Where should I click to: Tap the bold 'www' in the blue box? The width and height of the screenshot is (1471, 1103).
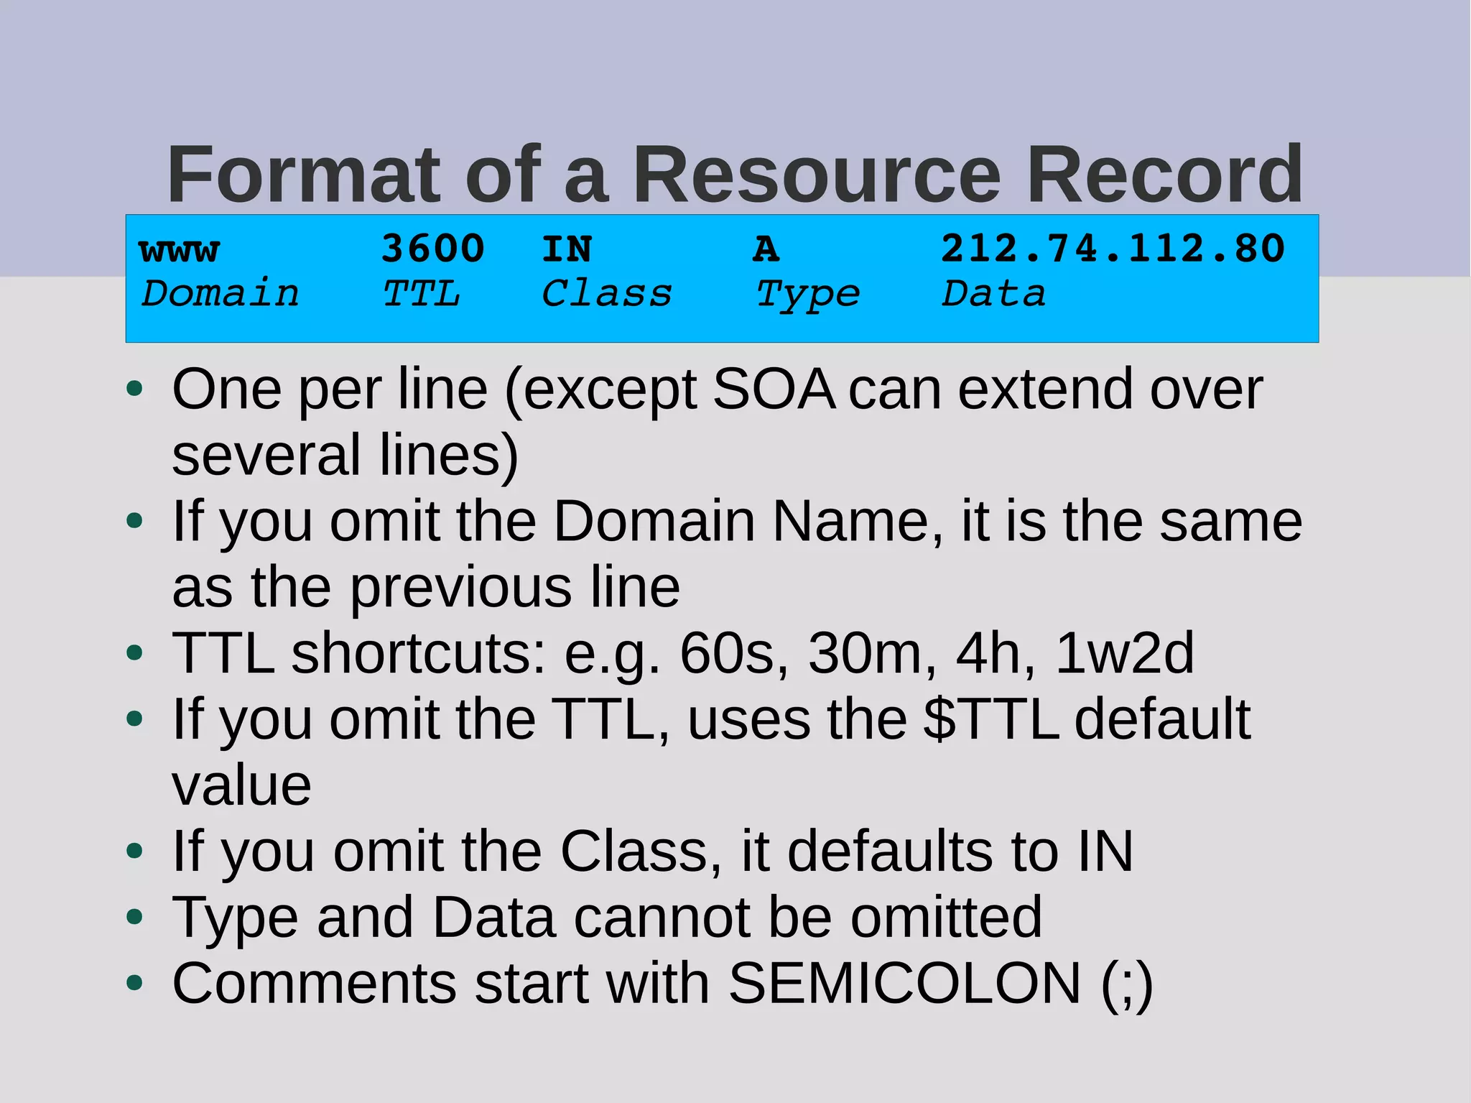point(180,250)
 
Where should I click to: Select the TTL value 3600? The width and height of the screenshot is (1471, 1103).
point(433,249)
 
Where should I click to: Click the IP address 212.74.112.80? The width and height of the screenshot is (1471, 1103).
point(1113,249)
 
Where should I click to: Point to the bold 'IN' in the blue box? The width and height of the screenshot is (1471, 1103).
point(567,249)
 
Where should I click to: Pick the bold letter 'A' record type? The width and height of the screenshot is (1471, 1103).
point(766,249)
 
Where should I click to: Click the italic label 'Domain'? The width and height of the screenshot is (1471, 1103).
point(221,294)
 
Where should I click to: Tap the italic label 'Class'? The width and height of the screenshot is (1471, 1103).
point(607,294)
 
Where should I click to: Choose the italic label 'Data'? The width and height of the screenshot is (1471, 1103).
point(994,294)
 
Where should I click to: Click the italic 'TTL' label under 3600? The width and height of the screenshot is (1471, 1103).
point(422,294)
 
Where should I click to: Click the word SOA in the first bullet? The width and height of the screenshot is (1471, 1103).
point(774,389)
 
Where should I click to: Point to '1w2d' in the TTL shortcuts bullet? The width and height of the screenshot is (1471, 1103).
point(1124,653)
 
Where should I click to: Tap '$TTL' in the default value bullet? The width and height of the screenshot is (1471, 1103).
point(990,719)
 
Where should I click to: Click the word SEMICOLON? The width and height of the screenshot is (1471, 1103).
point(904,983)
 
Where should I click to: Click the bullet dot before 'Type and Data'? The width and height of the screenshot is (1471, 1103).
point(134,917)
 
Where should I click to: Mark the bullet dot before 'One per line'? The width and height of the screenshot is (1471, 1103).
point(134,389)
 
